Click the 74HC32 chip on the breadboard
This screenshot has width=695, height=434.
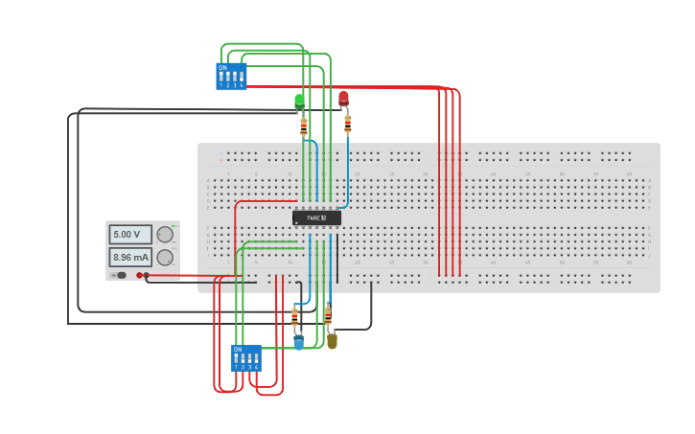(x=316, y=217)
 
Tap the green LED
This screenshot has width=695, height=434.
(x=299, y=100)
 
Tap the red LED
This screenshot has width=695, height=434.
(x=343, y=98)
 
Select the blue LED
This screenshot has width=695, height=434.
(x=298, y=342)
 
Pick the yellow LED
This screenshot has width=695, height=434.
(x=332, y=340)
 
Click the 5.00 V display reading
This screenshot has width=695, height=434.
(x=129, y=234)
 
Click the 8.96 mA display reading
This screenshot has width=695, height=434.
(x=129, y=257)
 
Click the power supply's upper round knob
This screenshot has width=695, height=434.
(x=165, y=234)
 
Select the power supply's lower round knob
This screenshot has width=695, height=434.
(x=165, y=257)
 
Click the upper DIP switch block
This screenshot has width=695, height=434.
(x=231, y=77)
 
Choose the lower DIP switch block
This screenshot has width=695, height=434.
(x=246, y=358)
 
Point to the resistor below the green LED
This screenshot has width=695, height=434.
(x=304, y=125)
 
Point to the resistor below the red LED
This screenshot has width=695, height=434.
(x=347, y=123)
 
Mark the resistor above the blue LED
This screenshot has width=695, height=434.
(x=294, y=317)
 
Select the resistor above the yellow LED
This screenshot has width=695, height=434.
(x=328, y=315)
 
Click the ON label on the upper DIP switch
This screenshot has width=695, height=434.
(x=222, y=68)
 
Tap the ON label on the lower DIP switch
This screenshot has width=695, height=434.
(x=238, y=350)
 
